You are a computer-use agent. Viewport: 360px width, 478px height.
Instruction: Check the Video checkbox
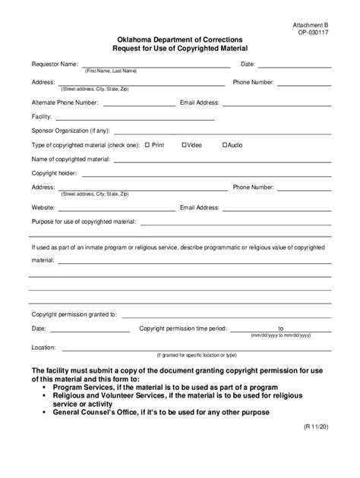tap(185, 144)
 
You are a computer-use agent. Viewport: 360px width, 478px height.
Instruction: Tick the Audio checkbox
tap(224, 144)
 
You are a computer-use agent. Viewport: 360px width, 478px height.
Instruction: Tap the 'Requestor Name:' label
tap(55, 64)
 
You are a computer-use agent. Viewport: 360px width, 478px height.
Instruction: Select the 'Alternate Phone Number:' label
tap(65, 101)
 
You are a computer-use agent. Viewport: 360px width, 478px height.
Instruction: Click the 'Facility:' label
tap(42, 117)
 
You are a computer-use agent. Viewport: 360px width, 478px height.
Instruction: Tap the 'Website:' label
tap(43, 206)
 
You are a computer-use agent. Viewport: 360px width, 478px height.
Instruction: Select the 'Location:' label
tap(44, 347)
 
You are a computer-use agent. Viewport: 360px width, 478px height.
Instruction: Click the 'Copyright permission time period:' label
tap(183, 329)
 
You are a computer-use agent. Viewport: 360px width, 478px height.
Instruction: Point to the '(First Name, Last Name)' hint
tap(111, 71)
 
